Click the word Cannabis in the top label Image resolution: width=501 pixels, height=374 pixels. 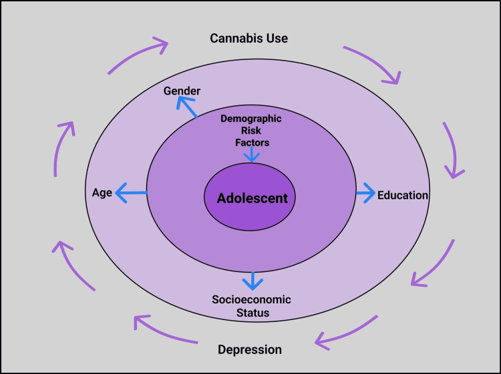[x=232, y=38]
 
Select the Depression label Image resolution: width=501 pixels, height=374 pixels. [x=250, y=349]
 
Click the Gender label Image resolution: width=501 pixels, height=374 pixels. [x=182, y=91]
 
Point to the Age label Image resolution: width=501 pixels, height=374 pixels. [x=102, y=193]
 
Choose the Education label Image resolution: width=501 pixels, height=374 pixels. [x=402, y=195]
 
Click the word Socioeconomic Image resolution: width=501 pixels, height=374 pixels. [x=251, y=299]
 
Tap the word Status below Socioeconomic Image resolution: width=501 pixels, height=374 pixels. [x=252, y=312]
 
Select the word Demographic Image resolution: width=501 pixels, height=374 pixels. [x=251, y=119]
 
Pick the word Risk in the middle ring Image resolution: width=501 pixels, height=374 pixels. [x=251, y=130]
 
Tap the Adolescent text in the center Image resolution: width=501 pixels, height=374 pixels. [x=252, y=198]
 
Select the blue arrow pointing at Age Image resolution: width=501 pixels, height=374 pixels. [x=131, y=193]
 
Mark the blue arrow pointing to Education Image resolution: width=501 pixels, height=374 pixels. [x=365, y=193]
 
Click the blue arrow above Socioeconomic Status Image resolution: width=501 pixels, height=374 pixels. [x=252, y=280]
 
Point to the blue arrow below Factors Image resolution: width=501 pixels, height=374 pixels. [x=251, y=155]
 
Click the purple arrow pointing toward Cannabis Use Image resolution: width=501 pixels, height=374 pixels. [x=138, y=55]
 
